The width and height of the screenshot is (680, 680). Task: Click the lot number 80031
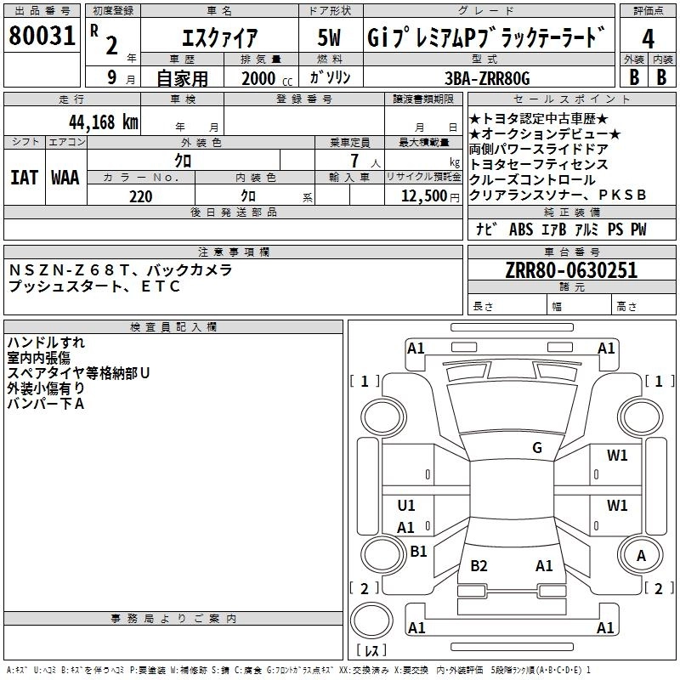pyautogui.click(x=42, y=38)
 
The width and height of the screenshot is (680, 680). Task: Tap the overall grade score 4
pyautogui.click(x=649, y=39)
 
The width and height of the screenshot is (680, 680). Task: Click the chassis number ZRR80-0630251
pyautogui.click(x=571, y=271)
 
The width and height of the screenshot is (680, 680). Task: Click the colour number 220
pyautogui.click(x=140, y=196)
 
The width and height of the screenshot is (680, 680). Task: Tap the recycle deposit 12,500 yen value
pyautogui.click(x=422, y=196)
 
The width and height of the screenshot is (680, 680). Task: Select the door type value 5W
pyautogui.click(x=332, y=39)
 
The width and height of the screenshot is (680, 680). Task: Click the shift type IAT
pyautogui.click(x=24, y=178)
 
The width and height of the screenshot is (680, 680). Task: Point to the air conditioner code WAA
pyautogui.click(x=65, y=178)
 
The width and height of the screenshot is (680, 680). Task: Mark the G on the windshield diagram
pyautogui.click(x=537, y=448)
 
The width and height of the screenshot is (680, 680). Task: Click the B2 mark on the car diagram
pyautogui.click(x=479, y=566)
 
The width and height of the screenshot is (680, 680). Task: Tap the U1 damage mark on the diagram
pyautogui.click(x=406, y=506)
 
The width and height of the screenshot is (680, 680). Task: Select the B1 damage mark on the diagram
pyautogui.click(x=418, y=552)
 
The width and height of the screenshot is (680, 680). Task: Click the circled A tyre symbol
pyautogui.click(x=641, y=555)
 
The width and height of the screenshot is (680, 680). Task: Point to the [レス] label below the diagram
pyautogui.click(x=371, y=652)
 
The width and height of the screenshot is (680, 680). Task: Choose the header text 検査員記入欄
pyautogui.click(x=173, y=327)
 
